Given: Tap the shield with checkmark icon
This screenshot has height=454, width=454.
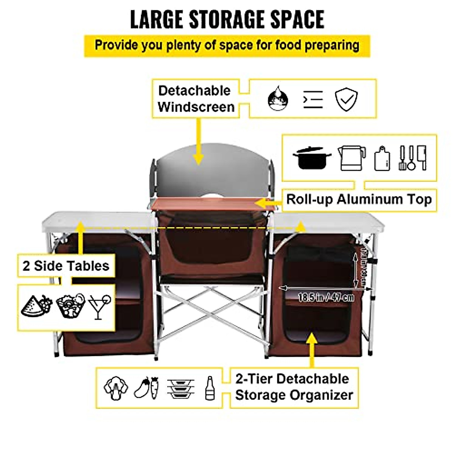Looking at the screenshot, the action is point(346,100).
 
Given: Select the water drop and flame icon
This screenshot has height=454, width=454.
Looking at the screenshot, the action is point(278,99).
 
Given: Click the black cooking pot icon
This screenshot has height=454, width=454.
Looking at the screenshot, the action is point(311,158).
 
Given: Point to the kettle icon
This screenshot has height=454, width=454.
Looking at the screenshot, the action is point(351,158).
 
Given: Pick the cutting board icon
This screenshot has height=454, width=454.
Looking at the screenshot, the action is point(382,159).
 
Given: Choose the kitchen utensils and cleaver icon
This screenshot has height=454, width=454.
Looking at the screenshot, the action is point(413,158).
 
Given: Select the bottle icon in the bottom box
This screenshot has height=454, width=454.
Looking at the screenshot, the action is point(210,388).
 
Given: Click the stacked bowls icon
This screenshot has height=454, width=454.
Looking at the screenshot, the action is point(180,388).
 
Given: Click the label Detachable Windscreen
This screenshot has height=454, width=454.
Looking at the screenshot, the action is point(196,99).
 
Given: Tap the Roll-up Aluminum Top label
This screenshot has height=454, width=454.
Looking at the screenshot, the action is point(359,199).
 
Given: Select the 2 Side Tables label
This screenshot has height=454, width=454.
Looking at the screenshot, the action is point(66,266).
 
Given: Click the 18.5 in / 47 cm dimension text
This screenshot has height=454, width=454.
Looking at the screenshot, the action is point(326,297).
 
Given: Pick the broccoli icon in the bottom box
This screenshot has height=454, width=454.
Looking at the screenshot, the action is point(115,388).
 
